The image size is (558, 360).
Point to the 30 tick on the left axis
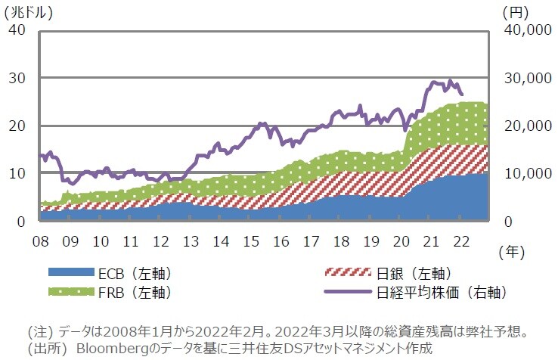point(16,78)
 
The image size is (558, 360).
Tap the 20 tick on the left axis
point(16,126)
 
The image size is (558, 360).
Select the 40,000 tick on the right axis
point(524,30)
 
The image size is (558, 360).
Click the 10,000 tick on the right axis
point(524,173)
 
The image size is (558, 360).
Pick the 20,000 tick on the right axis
point(524,126)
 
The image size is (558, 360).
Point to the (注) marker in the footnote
point(39,332)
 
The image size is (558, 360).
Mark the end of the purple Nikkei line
point(462,94)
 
